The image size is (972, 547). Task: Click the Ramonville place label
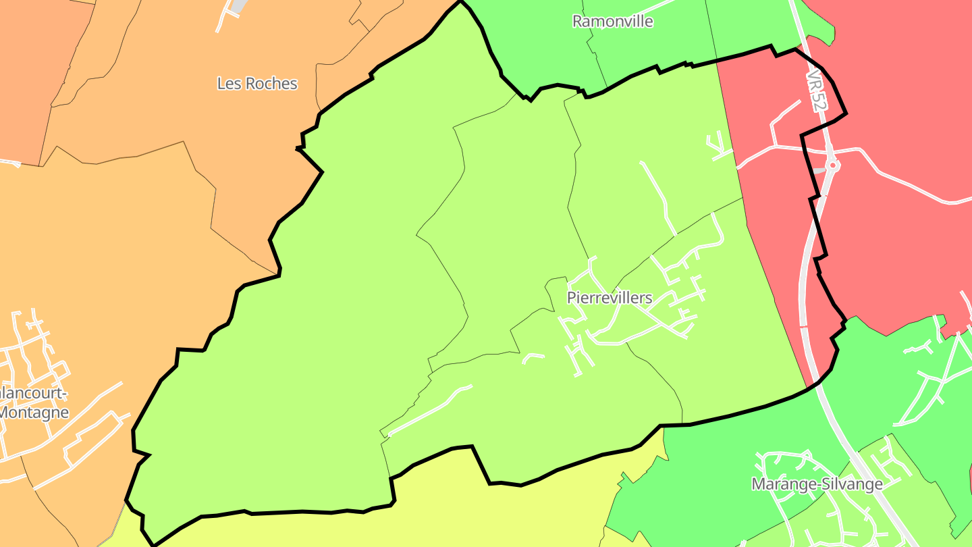[x=612, y=22]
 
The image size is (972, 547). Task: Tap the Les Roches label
[x=257, y=84]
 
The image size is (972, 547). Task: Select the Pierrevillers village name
[x=610, y=298]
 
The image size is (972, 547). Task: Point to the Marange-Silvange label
[x=817, y=484]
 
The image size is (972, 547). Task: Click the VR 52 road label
[x=816, y=88]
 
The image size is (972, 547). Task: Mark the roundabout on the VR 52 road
[x=832, y=164]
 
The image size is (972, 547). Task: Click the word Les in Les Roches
[x=227, y=84]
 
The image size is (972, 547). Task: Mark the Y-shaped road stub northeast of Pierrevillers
[x=717, y=147]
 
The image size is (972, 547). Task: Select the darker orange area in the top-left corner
[x=34, y=68]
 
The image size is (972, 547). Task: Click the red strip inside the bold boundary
[x=769, y=203]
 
